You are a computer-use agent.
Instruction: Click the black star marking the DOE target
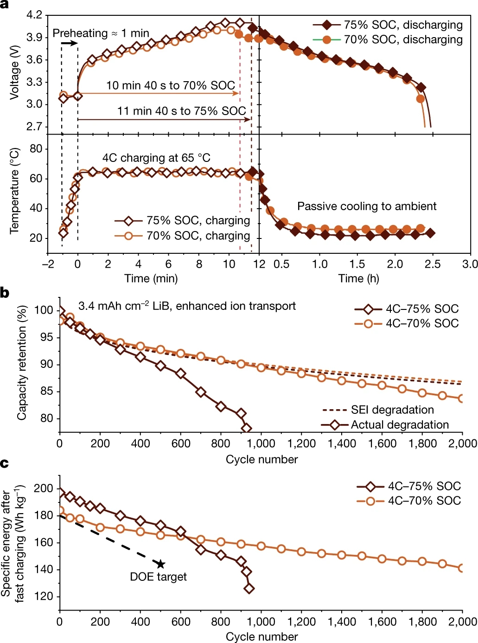(x=161, y=564)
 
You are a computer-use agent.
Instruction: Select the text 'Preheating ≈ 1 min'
(x=101, y=33)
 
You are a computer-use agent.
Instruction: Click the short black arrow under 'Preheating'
(x=70, y=43)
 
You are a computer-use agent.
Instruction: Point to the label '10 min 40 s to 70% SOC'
(x=171, y=85)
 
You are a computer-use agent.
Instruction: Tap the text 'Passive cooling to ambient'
(x=367, y=206)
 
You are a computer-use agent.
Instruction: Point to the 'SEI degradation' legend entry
(x=392, y=410)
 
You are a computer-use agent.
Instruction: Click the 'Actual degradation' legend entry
(x=400, y=424)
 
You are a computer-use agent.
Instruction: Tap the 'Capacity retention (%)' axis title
(x=21, y=363)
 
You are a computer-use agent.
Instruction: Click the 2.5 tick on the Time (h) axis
(x=433, y=264)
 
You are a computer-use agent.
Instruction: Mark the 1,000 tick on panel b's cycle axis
(x=261, y=443)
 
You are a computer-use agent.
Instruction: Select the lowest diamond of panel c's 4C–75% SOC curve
(x=249, y=588)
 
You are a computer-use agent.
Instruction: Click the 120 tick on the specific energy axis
(x=45, y=596)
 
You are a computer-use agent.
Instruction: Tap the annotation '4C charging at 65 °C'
(x=156, y=158)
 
